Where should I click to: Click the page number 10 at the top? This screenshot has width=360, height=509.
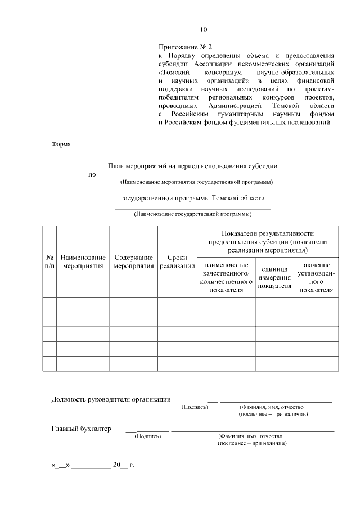click(204, 30)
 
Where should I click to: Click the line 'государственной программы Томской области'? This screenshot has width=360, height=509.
click(192, 198)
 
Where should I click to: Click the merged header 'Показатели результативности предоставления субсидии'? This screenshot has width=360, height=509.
click(267, 241)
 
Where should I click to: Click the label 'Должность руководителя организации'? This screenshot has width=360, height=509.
click(111, 399)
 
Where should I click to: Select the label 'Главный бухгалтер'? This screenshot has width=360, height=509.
click(82, 429)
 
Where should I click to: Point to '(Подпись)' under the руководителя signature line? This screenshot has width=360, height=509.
click(195, 407)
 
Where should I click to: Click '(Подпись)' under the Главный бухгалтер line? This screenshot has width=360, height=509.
click(148, 436)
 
